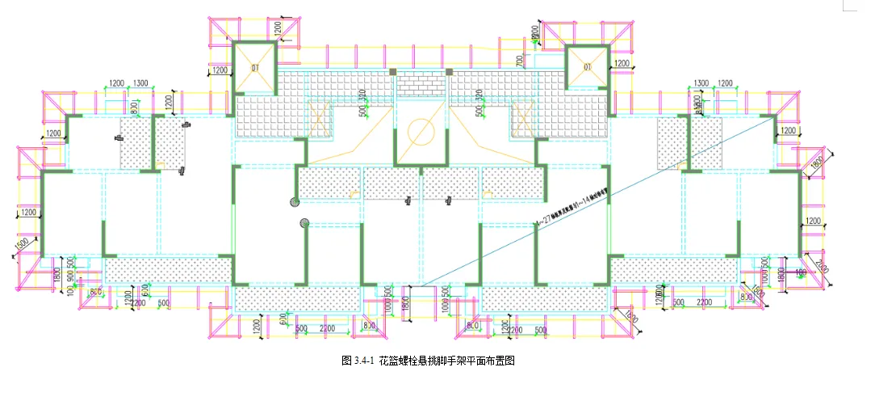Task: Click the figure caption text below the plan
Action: click(x=428, y=361)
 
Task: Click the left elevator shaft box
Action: click(x=254, y=66)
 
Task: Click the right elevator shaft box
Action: click(x=587, y=67)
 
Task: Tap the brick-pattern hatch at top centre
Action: click(x=421, y=82)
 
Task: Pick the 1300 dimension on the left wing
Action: click(x=140, y=84)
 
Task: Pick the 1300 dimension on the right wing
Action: click(x=701, y=84)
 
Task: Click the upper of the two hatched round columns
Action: click(x=295, y=201)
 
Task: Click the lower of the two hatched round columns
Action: click(x=304, y=223)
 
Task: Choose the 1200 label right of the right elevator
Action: click(x=622, y=63)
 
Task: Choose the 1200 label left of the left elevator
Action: click(x=220, y=71)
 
